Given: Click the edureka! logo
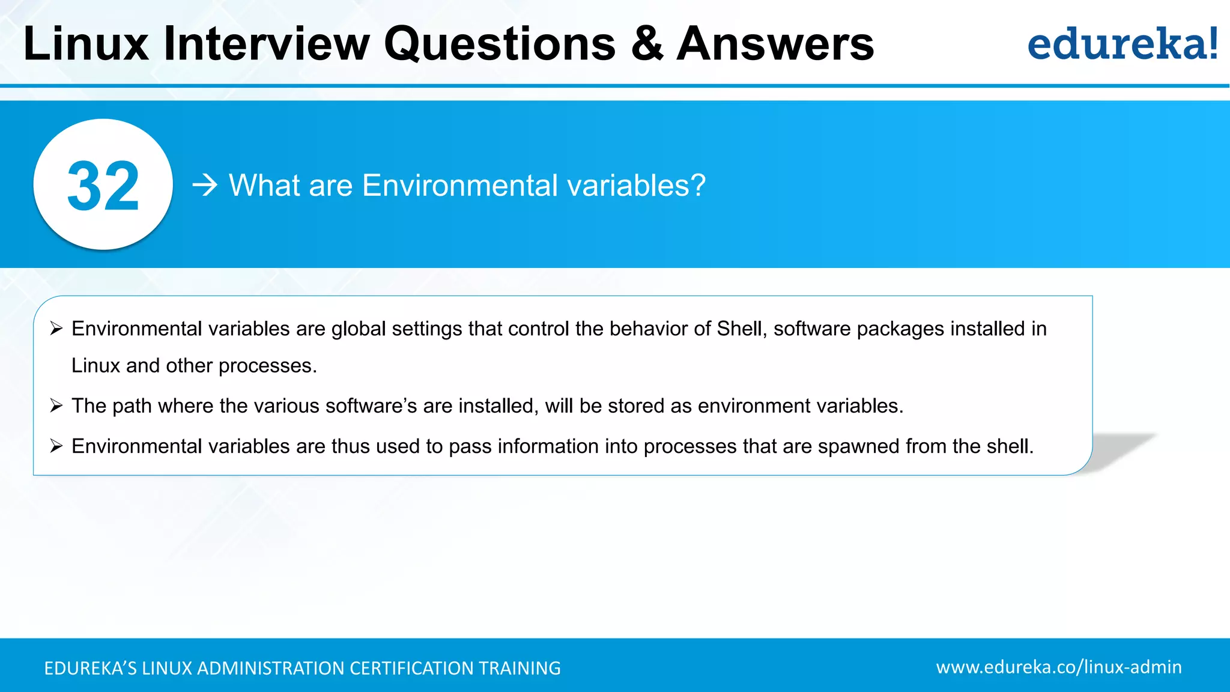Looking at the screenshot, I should [1122, 44].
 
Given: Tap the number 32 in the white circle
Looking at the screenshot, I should [103, 186].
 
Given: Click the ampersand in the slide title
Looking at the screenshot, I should [647, 44].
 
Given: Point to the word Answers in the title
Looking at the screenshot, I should [775, 44].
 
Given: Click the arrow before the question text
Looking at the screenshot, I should [205, 186].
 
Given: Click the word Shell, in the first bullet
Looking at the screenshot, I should [742, 329].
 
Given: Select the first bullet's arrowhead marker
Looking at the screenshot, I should [56, 329].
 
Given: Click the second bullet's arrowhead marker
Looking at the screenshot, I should [56, 406].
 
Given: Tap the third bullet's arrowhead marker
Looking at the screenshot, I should [56, 446].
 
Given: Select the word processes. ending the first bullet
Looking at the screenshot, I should [267, 366].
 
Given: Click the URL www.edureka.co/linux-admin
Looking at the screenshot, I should [1059, 667].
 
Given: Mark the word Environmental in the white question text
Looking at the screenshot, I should [460, 185].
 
